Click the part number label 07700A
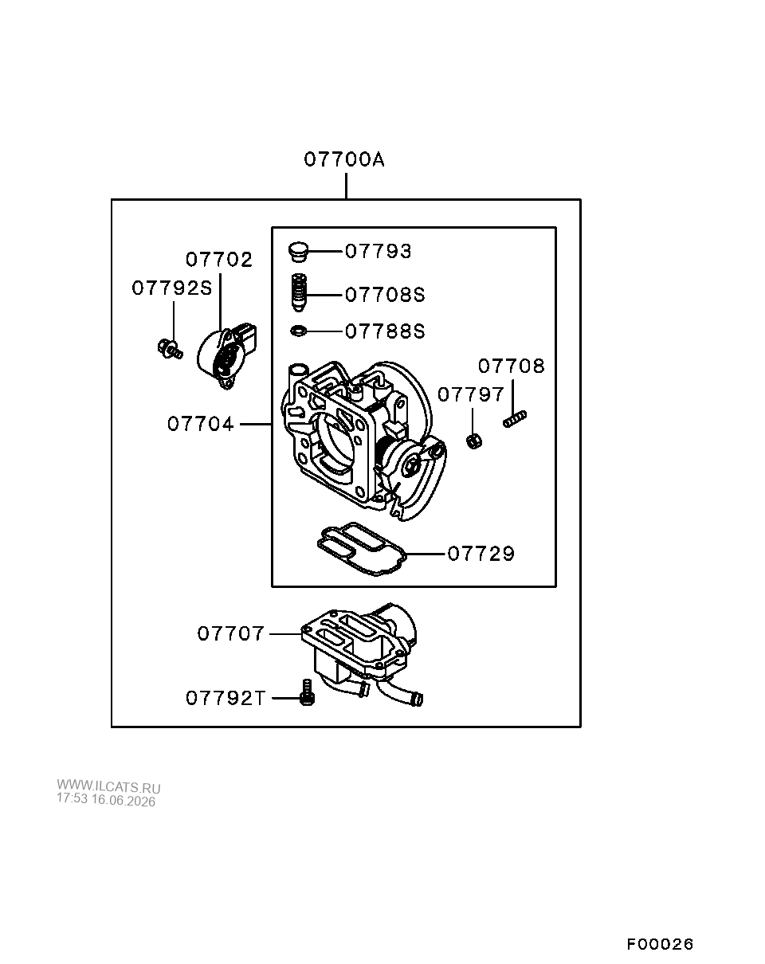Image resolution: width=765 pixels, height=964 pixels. [344, 159]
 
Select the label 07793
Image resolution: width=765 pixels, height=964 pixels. [379, 251]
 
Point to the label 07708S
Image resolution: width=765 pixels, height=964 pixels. [385, 295]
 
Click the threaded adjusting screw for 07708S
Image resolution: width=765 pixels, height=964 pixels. [299, 292]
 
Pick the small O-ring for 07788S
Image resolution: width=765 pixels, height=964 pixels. [299, 331]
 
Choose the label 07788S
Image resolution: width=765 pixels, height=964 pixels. [385, 331]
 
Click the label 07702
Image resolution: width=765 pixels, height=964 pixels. [219, 260]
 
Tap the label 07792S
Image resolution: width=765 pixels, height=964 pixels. [172, 288]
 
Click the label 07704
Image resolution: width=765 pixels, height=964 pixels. [201, 424]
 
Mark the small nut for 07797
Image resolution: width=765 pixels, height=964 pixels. [474, 441]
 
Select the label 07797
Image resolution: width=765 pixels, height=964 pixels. [471, 394]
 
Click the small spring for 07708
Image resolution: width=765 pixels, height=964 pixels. [515, 419]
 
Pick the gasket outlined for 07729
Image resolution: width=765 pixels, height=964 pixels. [361, 549]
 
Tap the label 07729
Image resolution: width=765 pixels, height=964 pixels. [481, 554]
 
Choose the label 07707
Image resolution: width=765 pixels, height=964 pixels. [231, 634]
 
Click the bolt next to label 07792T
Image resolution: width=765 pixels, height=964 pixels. [307, 692]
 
